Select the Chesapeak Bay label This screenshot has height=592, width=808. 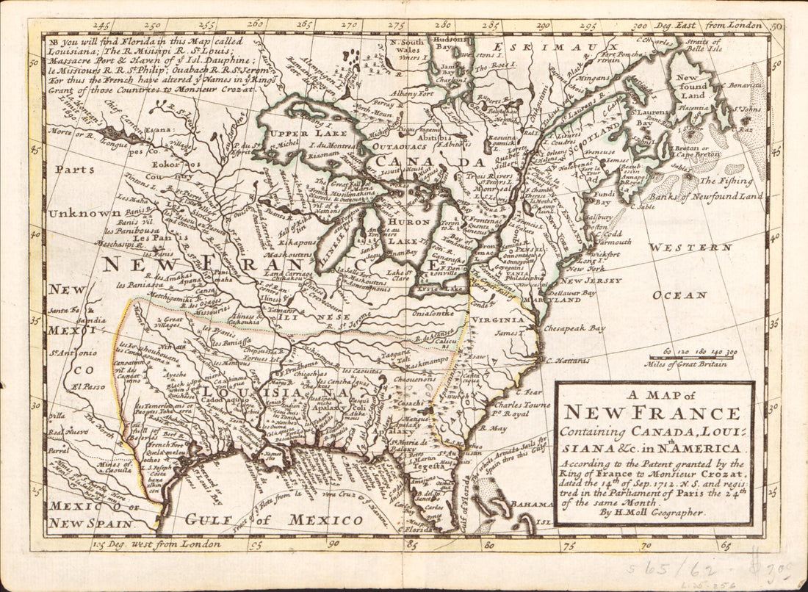575,328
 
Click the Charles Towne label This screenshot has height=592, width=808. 524,404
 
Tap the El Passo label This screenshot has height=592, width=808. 64,385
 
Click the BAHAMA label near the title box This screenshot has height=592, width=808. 532,505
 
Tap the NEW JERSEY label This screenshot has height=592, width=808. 594,280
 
